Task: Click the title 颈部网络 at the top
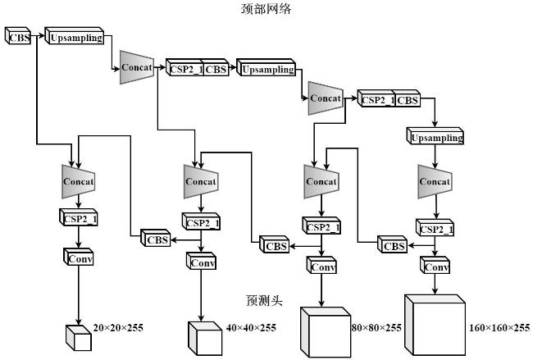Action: click(x=266, y=8)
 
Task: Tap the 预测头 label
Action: click(x=265, y=300)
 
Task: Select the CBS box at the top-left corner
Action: click(x=18, y=36)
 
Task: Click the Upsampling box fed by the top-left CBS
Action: click(x=74, y=36)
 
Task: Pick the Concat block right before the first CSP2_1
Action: click(x=137, y=67)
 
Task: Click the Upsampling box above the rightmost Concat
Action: click(x=435, y=136)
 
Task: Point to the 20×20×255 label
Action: click(x=118, y=328)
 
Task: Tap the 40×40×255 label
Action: click(x=251, y=328)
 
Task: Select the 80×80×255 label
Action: click(x=376, y=328)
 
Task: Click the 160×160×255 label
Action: click(x=499, y=328)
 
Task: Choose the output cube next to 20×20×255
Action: click(x=79, y=338)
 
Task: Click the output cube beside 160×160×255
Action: click(x=435, y=326)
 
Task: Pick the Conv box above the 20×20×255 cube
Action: click(x=78, y=257)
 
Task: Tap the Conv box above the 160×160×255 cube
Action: click(x=435, y=265)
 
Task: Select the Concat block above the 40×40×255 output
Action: click(x=201, y=181)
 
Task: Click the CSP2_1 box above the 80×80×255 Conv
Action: click(x=321, y=226)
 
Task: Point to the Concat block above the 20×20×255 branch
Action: click(x=79, y=181)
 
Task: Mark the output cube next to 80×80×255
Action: click(x=326, y=332)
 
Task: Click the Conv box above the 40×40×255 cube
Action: click(x=201, y=261)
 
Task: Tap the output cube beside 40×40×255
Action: click(x=205, y=339)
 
